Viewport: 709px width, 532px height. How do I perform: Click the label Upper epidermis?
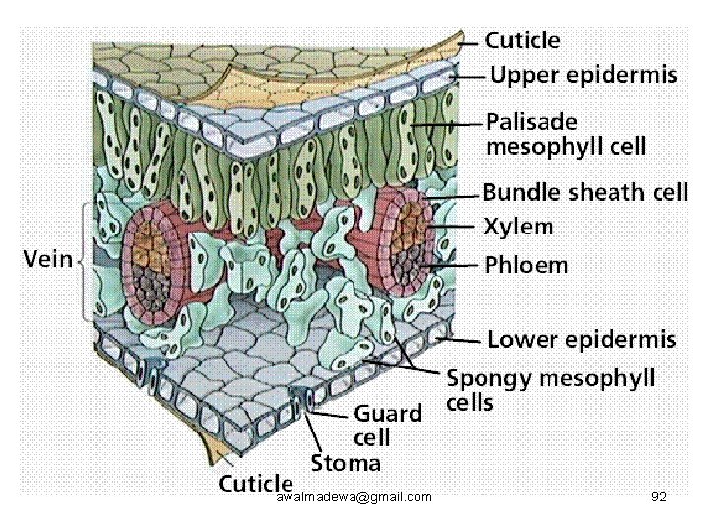click(x=584, y=75)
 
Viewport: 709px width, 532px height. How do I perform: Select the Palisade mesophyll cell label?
click(x=566, y=134)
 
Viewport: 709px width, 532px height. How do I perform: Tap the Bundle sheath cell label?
click(x=586, y=192)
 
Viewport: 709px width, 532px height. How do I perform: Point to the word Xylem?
click(x=519, y=227)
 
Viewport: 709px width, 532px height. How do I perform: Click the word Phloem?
click(x=526, y=265)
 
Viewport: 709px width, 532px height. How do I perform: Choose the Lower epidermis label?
click(x=582, y=339)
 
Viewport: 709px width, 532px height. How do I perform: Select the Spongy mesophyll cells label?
click(x=550, y=390)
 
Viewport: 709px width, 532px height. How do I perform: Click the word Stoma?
click(x=346, y=463)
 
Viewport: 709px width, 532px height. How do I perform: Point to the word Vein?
click(x=48, y=259)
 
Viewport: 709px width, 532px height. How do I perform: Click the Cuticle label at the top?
click(x=523, y=40)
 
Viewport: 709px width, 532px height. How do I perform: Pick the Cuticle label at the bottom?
click(x=255, y=483)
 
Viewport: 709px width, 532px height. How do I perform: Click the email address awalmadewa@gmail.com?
click(x=354, y=498)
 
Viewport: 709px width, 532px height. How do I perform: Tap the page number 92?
click(x=659, y=497)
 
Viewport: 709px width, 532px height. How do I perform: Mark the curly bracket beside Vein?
click(x=83, y=261)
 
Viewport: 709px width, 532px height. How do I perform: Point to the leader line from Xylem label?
click(x=453, y=226)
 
